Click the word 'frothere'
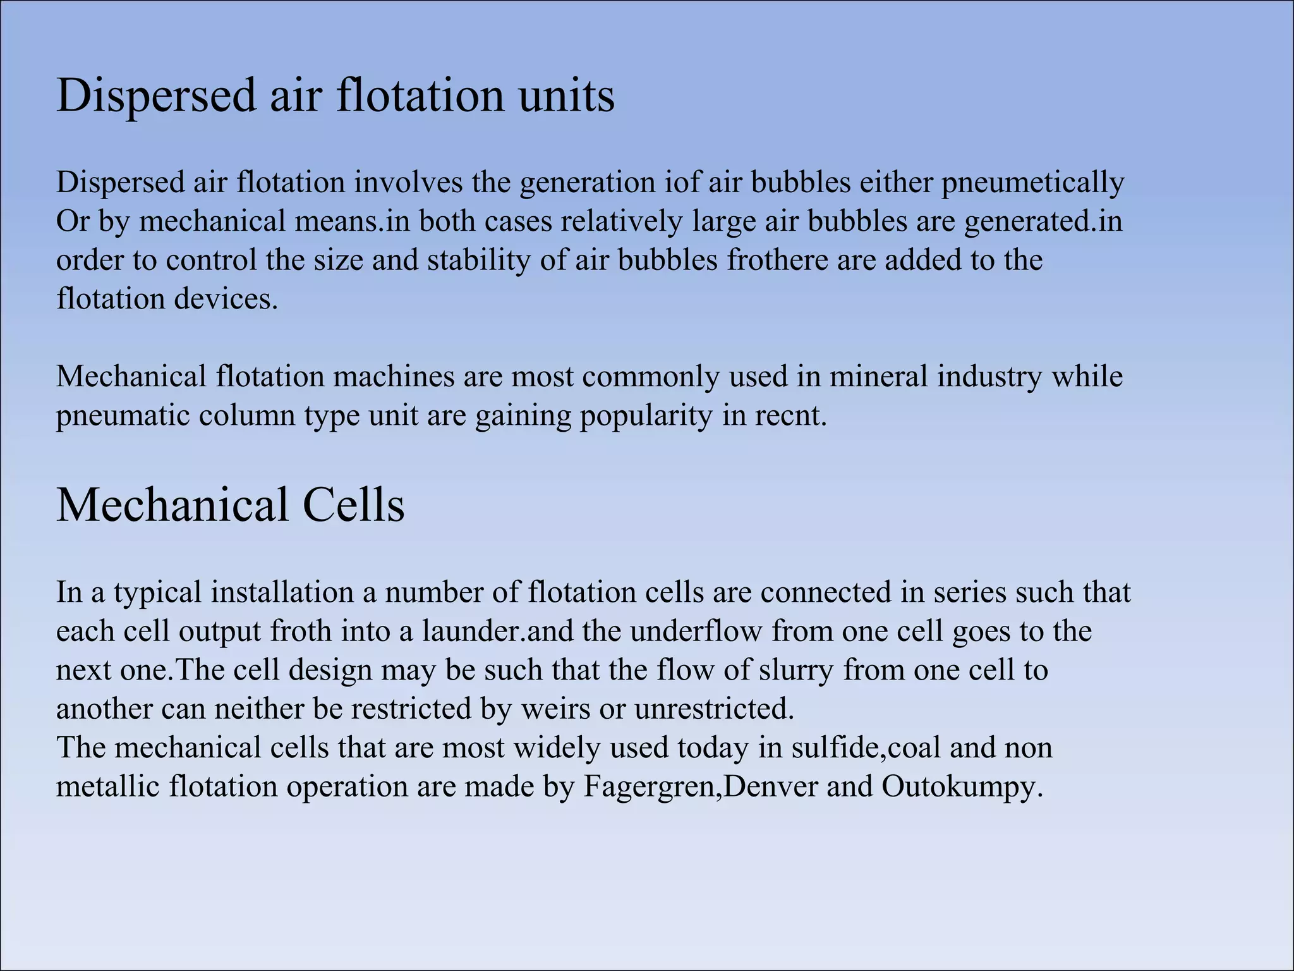(777, 260)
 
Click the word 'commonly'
(650, 377)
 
